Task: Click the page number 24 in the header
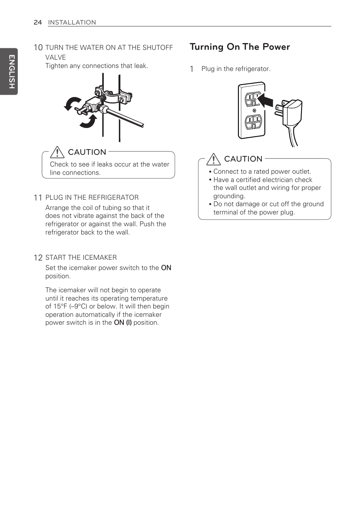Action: pyautogui.click(x=37, y=22)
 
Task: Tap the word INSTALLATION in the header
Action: pyautogui.click(x=72, y=22)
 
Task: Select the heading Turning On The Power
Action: pyautogui.click(x=240, y=47)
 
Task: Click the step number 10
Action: pyautogui.click(x=38, y=48)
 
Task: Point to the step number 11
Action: pyautogui.click(x=38, y=197)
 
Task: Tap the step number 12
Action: pyautogui.click(x=38, y=258)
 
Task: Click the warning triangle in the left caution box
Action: pyautogui.click(x=57, y=152)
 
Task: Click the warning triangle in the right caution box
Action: pyautogui.click(x=214, y=159)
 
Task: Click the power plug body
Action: pyautogui.click(x=293, y=112)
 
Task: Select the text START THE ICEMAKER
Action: pyautogui.click(x=81, y=258)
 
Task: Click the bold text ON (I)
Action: pyautogui.click(x=123, y=322)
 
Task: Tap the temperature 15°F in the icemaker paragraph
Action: pyautogui.click(x=60, y=306)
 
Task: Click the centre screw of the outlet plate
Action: pyautogui.click(x=254, y=111)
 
